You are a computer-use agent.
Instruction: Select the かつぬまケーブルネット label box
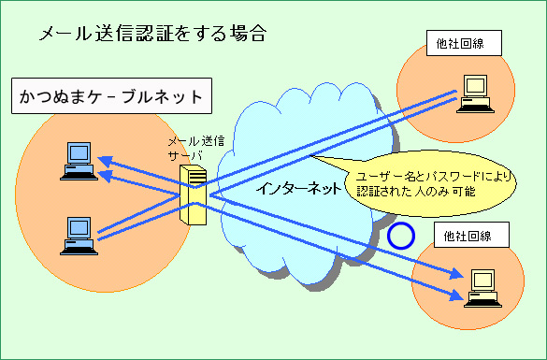pyautogui.click(x=110, y=96)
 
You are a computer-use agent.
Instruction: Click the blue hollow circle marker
pyautogui.click(x=401, y=235)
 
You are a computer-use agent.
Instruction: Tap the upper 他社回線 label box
pyautogui.click(x=463, y=43)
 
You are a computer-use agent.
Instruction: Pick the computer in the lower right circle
pyautogui.click(x=482, y=285)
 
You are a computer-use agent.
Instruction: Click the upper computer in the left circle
pyautogui.click(x=75, y=160)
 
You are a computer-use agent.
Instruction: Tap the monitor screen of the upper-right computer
pyautogui.click(x=477, y=86)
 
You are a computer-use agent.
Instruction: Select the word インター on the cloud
pyautogui.click(x=280, y=187)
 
